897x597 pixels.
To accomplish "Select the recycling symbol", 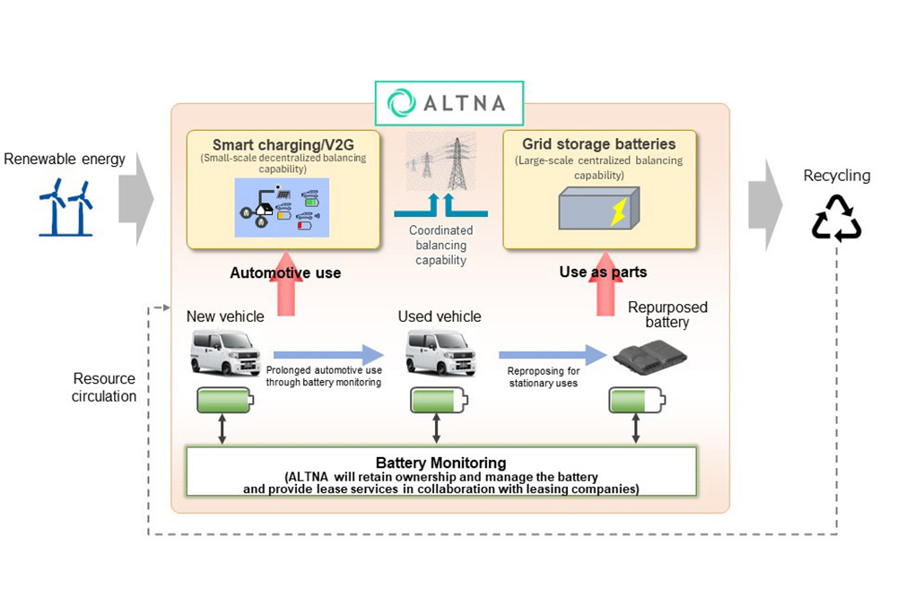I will coord(836,217).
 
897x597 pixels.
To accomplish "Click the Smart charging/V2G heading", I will coord(283,144).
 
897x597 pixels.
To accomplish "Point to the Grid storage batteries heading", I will coord(599,143).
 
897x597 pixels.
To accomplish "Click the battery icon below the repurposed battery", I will coord(636,401).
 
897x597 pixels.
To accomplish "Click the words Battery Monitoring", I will coord(440,463).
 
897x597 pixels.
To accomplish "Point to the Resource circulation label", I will coord(104,387).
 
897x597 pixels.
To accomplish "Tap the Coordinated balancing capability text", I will coord(440,246).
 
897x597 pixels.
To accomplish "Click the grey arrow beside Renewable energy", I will coord(135,197).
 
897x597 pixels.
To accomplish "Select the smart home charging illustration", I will coord(282,208).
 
